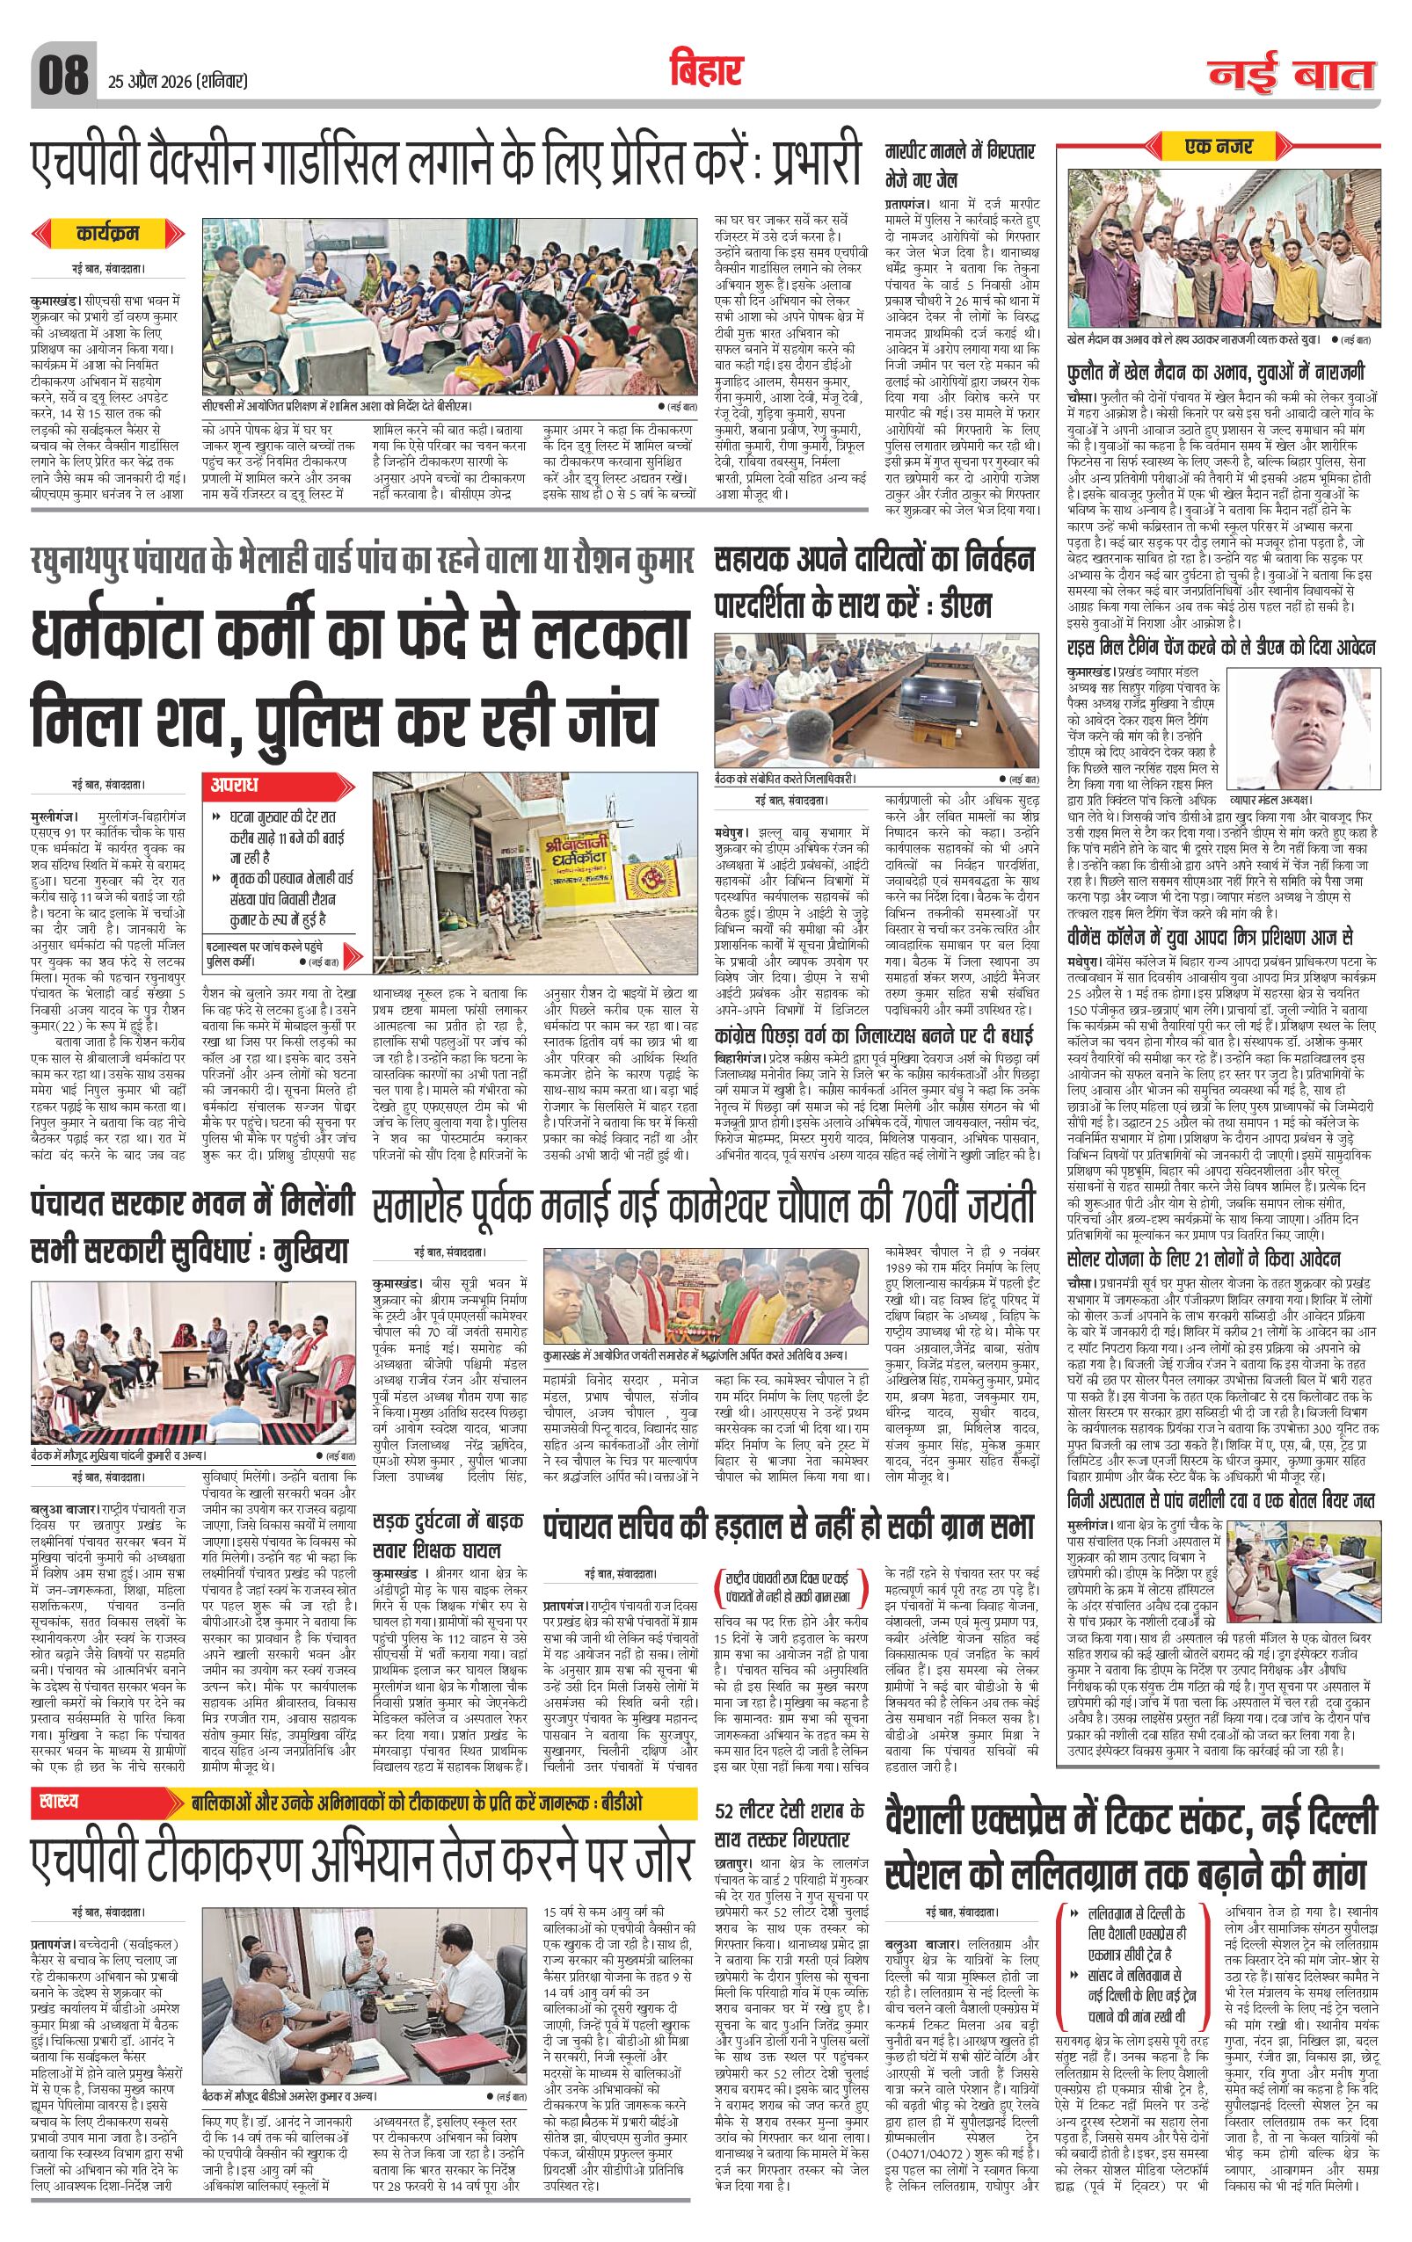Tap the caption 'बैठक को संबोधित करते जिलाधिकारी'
pyautogui.click(x=784, y=778)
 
